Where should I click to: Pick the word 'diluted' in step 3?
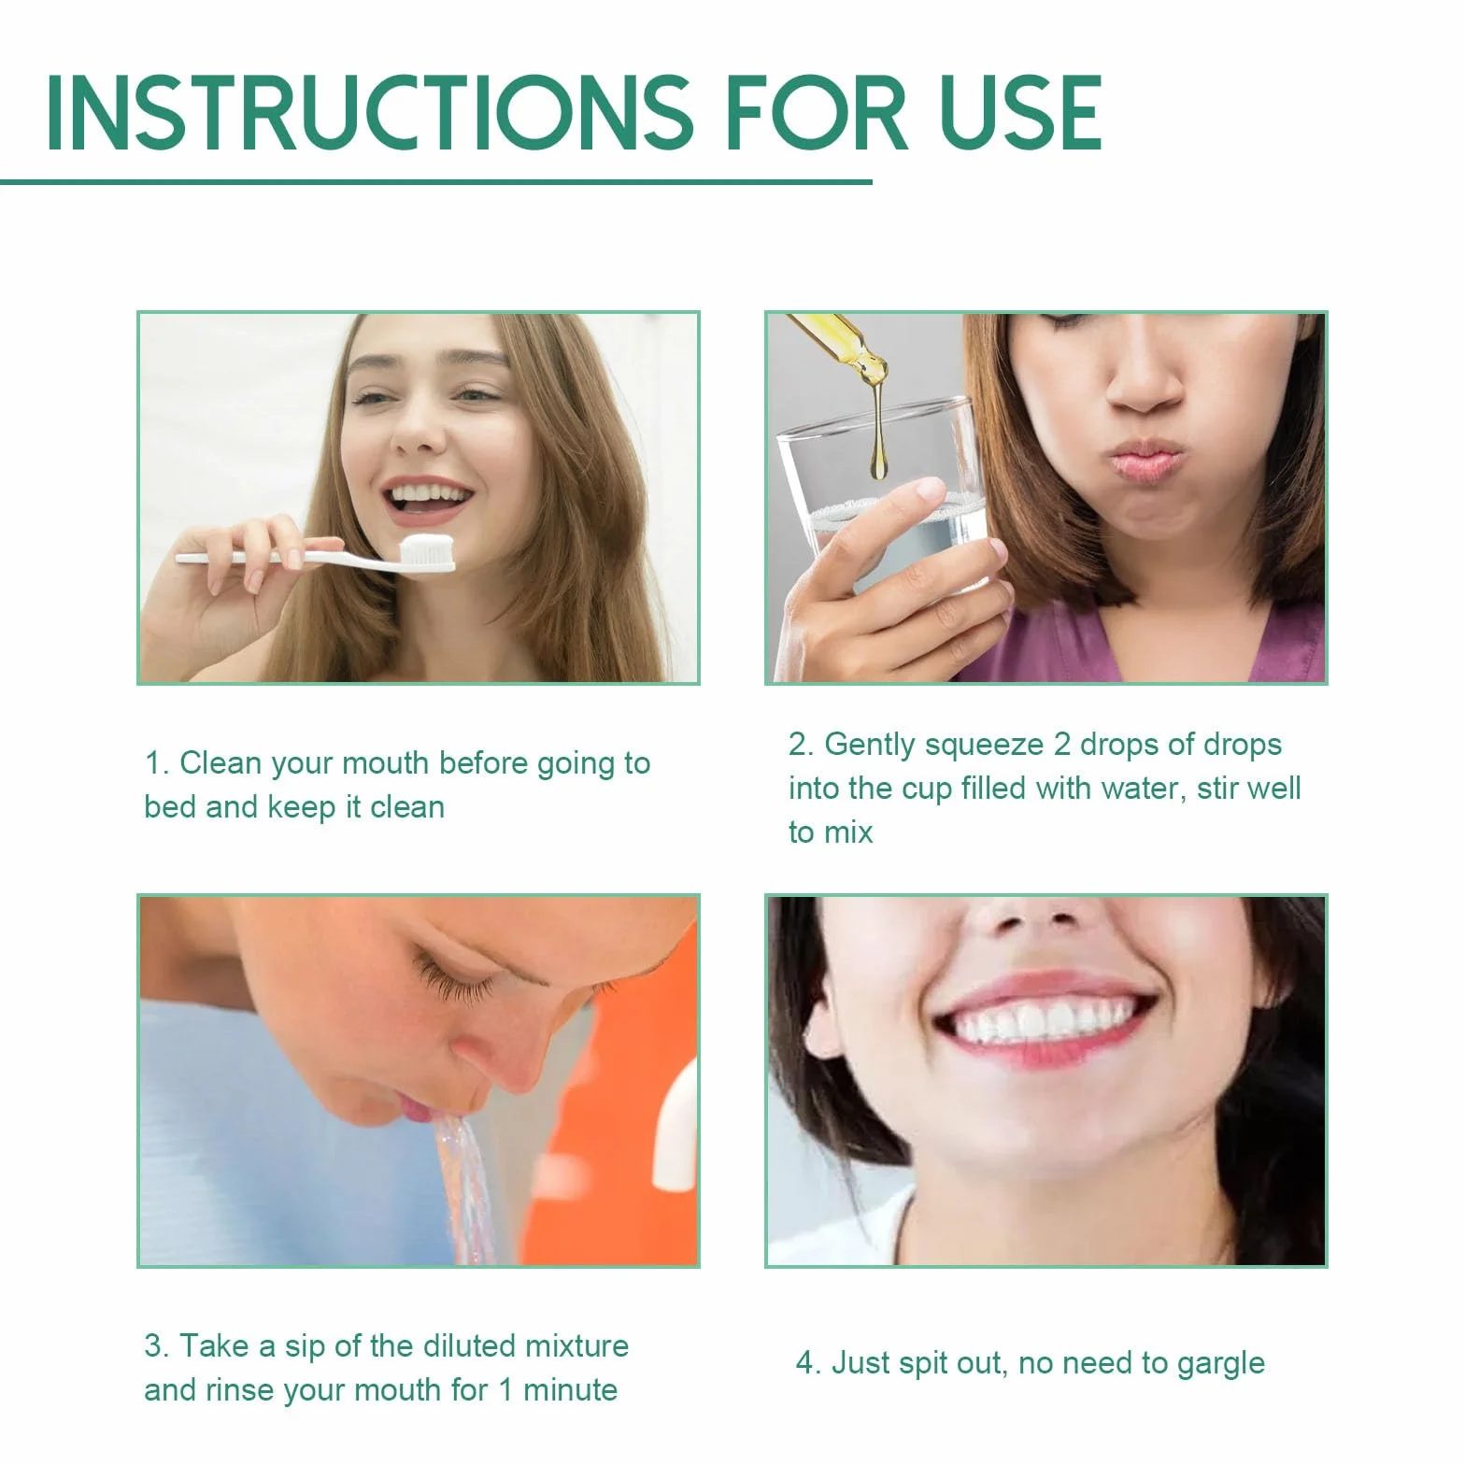click(469, 1346)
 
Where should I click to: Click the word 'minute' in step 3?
click(570, 1390)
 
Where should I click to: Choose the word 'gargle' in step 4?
click(1221, 1364)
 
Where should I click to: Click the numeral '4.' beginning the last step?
click(809, 1363)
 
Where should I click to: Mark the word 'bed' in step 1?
click(170, 806)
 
